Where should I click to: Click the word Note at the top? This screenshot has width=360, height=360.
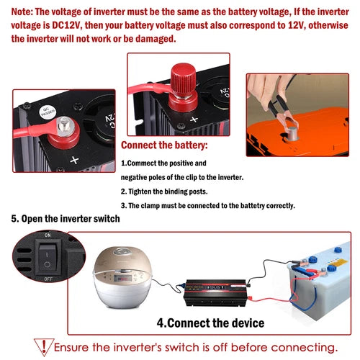(x=22, y=12)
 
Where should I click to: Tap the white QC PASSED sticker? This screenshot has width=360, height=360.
(x=48, y=112)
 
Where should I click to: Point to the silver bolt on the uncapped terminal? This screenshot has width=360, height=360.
(x=64, y=126)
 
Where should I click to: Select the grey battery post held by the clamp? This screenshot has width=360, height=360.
(x=292, y=133)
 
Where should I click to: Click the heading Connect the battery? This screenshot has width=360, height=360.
(x=164, y=145)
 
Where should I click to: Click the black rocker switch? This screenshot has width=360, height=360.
(x=48, y=257)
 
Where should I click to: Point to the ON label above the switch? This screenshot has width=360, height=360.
(x=48, y=235)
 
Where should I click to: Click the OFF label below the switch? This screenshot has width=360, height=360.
(x=48, y=279)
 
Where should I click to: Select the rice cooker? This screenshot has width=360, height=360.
(x=122, y=276)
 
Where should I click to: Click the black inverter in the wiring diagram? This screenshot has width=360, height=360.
(x=215, y=293)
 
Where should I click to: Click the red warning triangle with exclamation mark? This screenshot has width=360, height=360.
(x=44, y=347)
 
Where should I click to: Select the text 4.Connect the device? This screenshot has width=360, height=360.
(x=210, y=323)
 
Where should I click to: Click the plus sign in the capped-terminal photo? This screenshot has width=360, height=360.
(x=194, y=120)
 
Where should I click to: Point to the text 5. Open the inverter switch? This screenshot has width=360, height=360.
(x=66, y=219)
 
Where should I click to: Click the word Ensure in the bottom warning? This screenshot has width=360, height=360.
(x=71, y=347)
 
